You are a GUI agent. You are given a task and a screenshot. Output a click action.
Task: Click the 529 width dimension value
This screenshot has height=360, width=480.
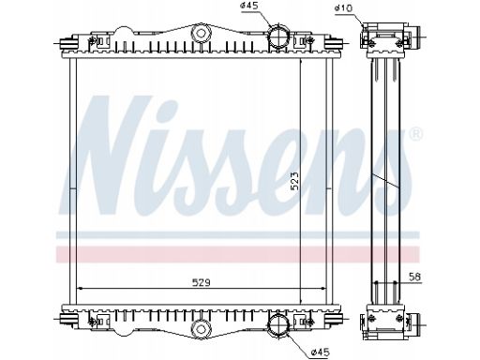201,283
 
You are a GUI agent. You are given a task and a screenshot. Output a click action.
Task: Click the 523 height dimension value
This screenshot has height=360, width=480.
295,181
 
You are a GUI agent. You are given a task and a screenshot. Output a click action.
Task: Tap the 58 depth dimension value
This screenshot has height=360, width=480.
415,277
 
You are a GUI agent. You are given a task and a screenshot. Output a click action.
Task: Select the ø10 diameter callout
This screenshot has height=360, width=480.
343,8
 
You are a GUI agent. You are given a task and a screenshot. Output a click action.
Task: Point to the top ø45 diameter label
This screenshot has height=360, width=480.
249,6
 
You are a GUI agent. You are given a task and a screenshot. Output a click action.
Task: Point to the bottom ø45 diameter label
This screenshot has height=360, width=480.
321,352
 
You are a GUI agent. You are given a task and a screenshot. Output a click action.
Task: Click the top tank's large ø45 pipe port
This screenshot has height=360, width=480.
277,36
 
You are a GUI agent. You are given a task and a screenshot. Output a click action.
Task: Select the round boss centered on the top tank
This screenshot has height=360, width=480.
201,33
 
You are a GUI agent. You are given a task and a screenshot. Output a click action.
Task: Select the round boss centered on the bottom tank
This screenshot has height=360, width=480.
201,328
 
